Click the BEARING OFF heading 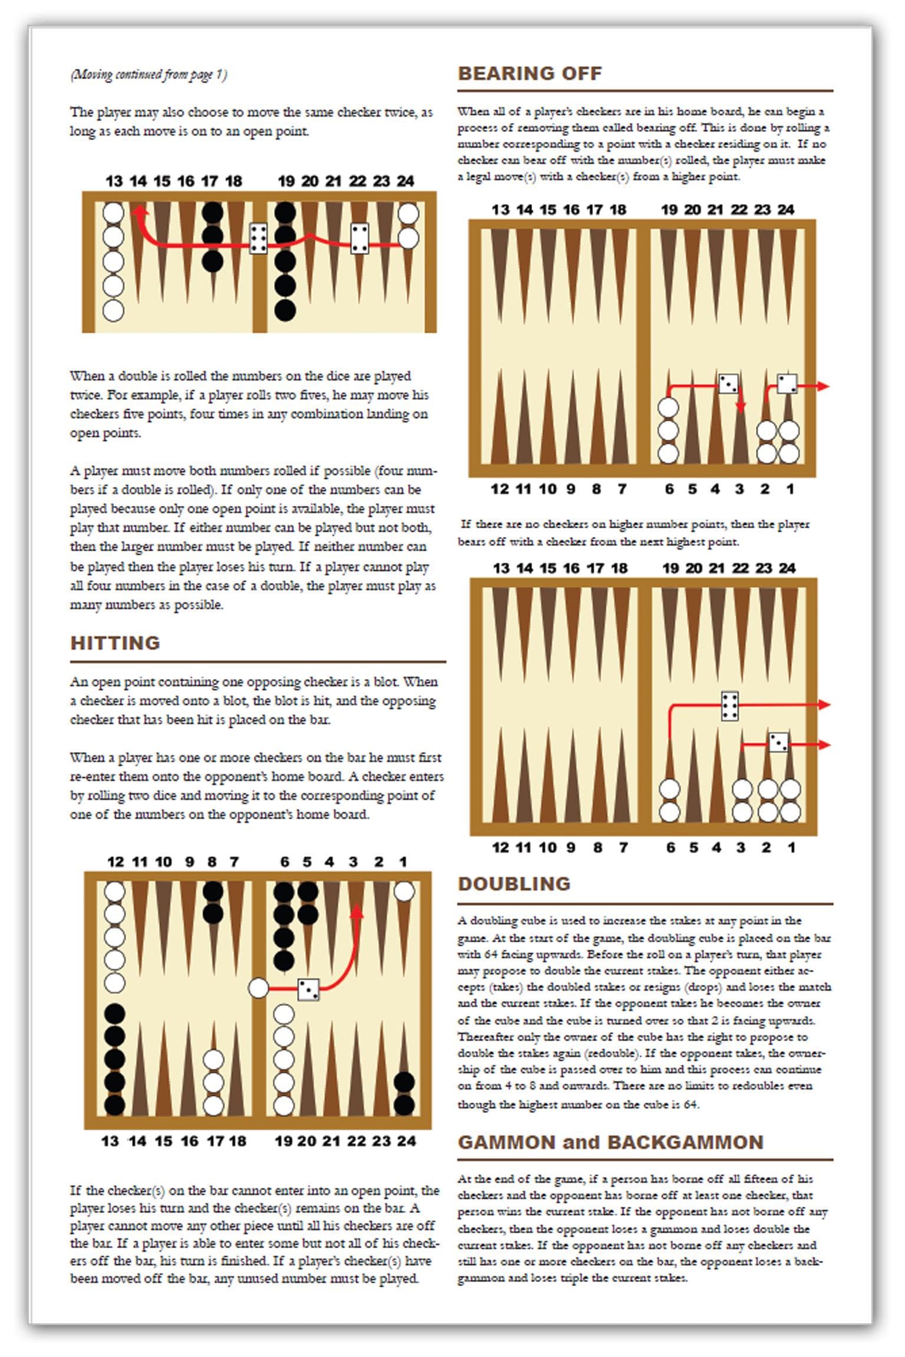click(x=530, y=74)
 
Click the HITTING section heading click(x=115, y=643)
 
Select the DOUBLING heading click(x=514, y=883)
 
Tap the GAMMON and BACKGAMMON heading click(x=610, y=1142)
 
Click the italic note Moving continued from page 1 click(x=148, y=75)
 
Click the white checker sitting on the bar click(x=258, y=988)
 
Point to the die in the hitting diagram click(x=308, y=989)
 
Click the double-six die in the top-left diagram click(x=258, y=239)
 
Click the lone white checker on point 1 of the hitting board click(x=404, y=891)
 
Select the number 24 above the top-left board click(x=405, y=181)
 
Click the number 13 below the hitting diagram click(x=110, y=1141)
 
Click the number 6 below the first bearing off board click(x=669, y=489)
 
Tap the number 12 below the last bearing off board click(x=500, y=848)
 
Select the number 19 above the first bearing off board click(x=669, y=210)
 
